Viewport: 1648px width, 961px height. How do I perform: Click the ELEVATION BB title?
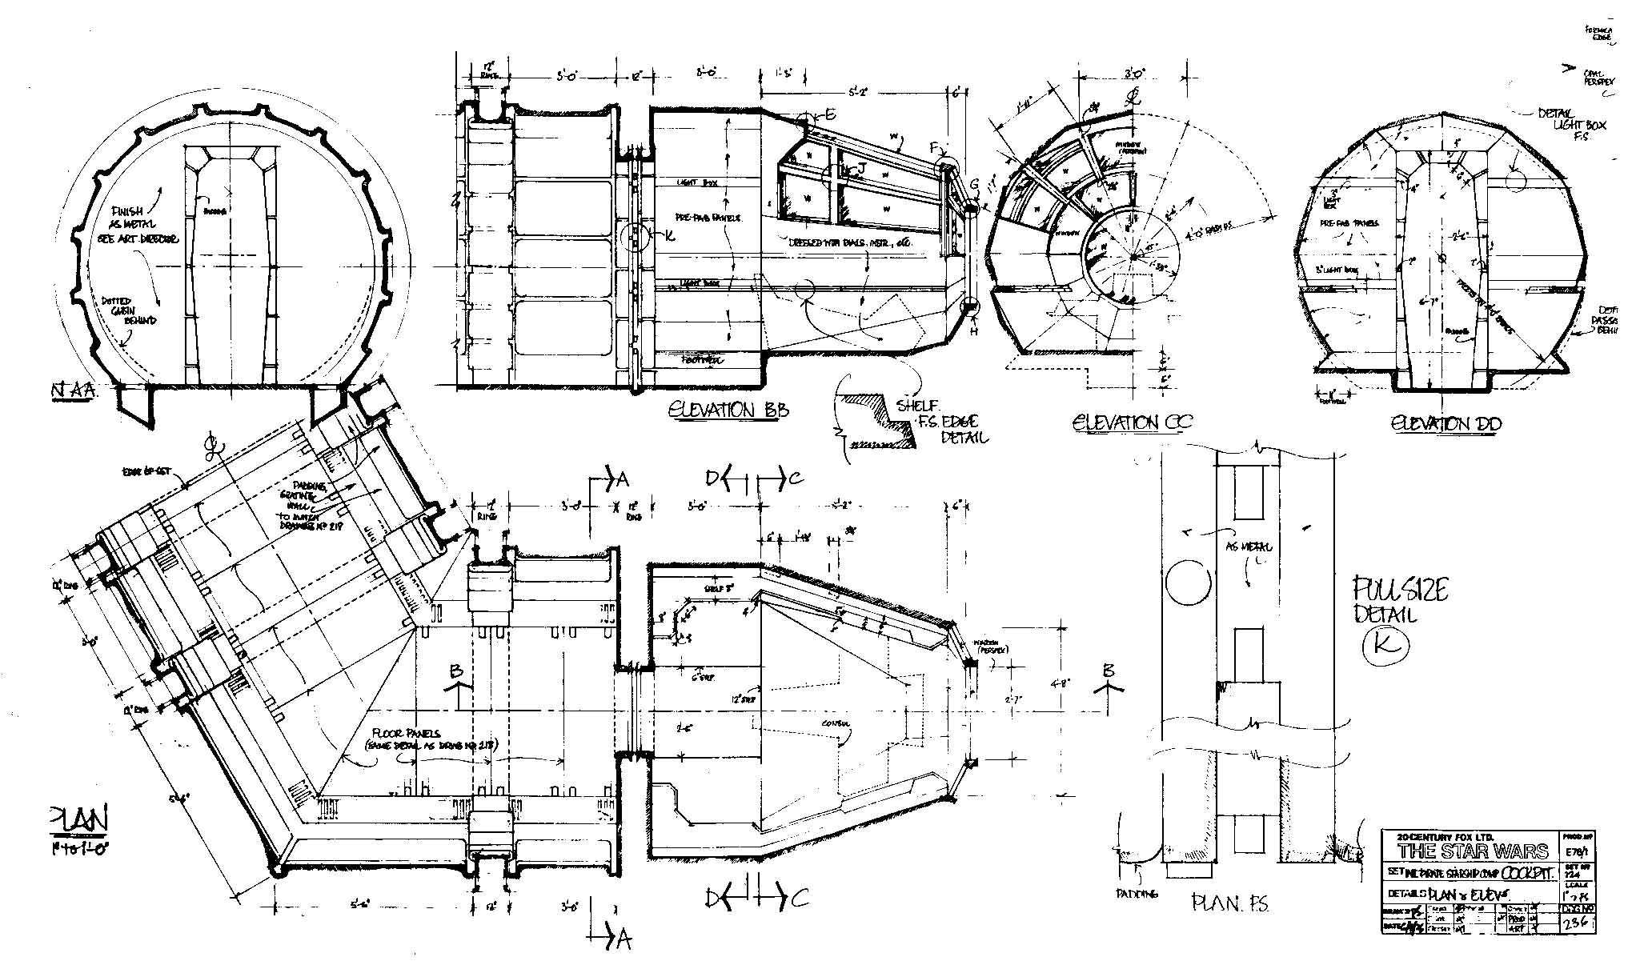pyautogui.click(x=728, y=410)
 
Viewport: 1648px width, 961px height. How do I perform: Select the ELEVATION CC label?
pyautogui.click(x=1132, y=422)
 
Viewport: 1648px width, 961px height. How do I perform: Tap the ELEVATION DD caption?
pyautogui.click(x=1446, y=423)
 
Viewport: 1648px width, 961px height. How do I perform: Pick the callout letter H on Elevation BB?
pyautogui.click(x=973, y=330)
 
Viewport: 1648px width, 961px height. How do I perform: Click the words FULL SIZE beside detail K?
pyautogui.click(x=1400, y=591)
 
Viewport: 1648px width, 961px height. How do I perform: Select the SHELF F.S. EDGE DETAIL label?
pyautogui.click(x=941, y=421)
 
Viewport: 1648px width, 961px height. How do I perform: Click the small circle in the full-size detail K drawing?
pyautogui.click(x=1188, y=581)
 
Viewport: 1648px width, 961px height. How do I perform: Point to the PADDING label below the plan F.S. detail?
pyautogui.click(x=1137, y=894)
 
